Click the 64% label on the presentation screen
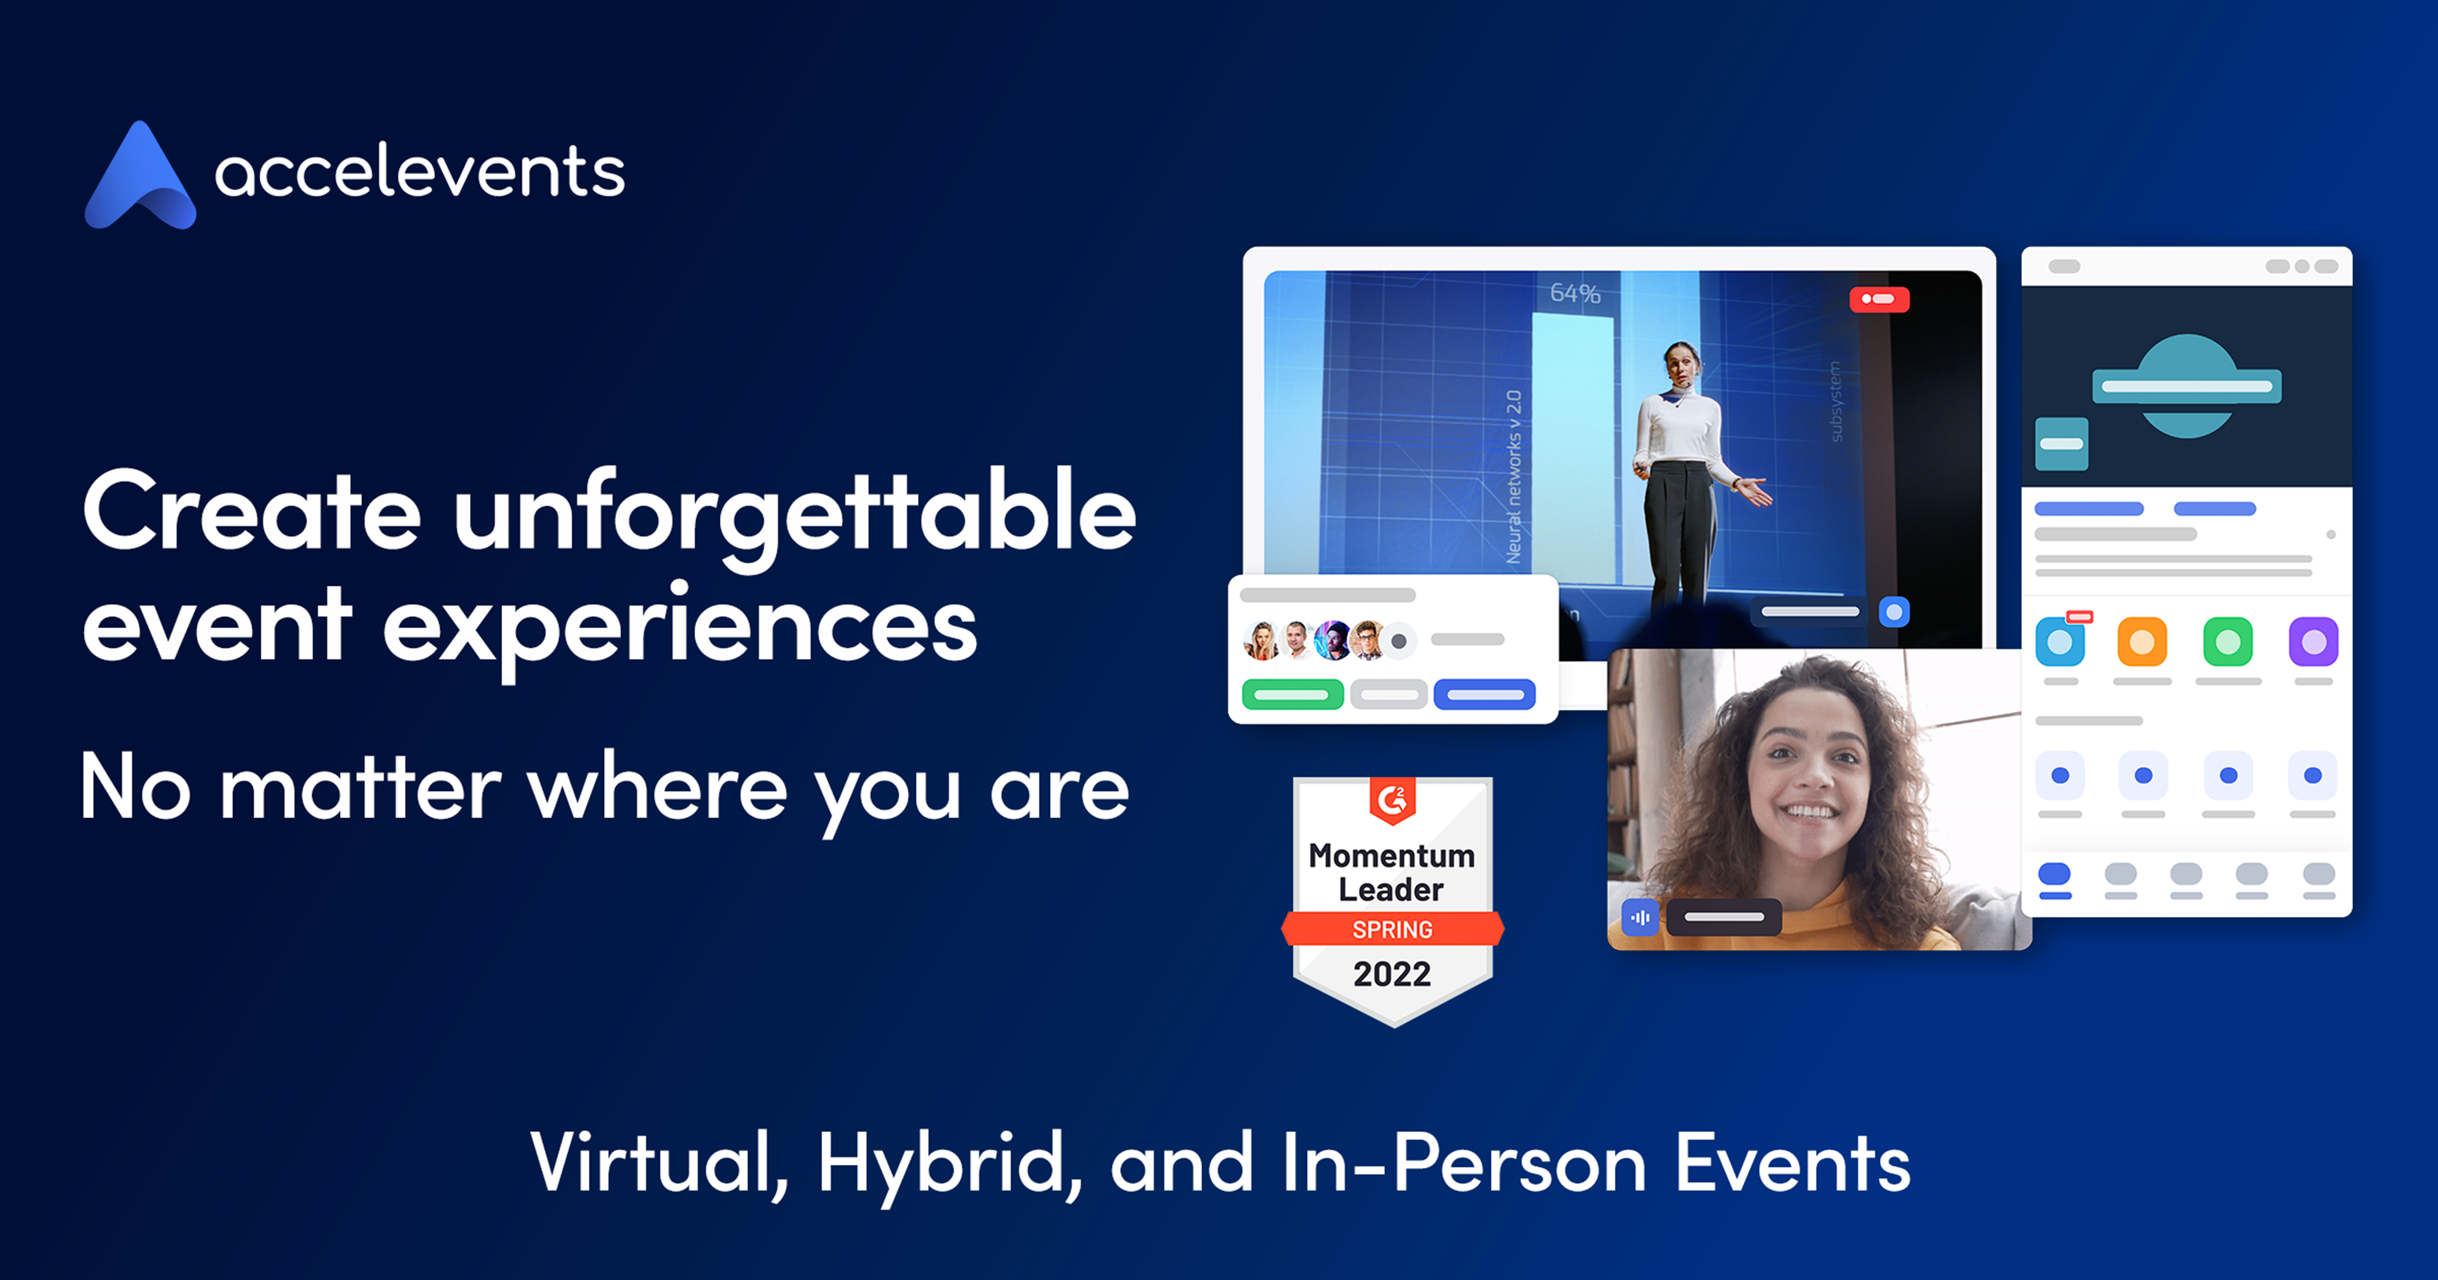click(1575, 294)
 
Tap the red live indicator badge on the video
click(1880, 299)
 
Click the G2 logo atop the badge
click(1392, 800)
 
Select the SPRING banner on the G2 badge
click(1392, 929)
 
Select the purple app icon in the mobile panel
click(2313, 642)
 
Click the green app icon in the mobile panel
click(2228, 642)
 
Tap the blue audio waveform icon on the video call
click(1640, 916)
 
